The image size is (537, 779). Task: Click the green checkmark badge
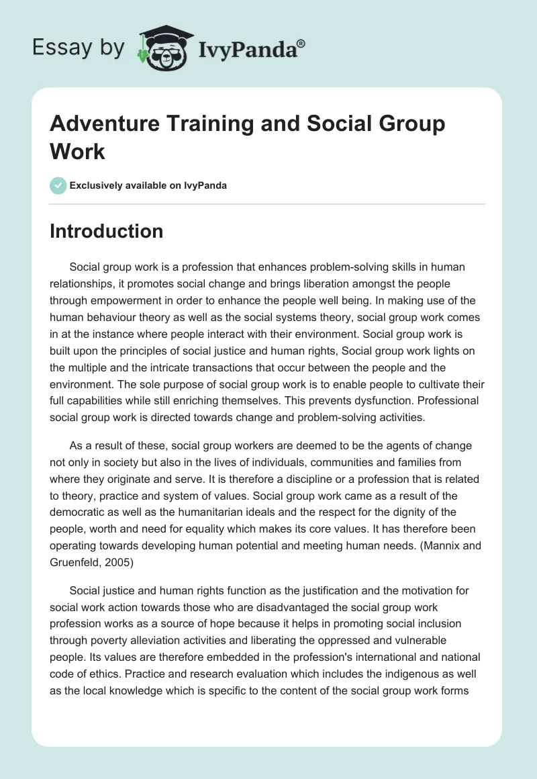tap(58, 185)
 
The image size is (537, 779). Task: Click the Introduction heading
tap(106, 231)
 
